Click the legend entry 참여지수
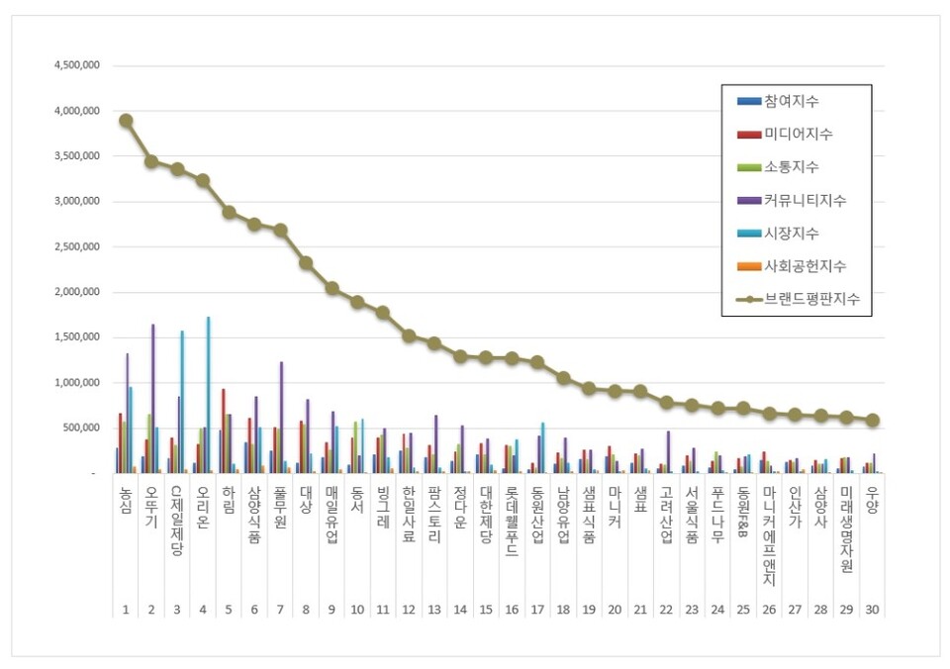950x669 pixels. pyautogui.click(x=792, y=102)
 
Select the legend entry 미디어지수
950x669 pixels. pyautogui.click(x=798, y=135)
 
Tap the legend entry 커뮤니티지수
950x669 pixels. pyautogui.click(x=805, y=200)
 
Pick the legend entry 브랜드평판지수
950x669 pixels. pyautogui.click(x=810, y=298)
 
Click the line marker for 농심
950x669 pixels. pyautogui.click(x=126, y=120)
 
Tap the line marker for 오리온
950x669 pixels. pyautogui.click(x=203, y=180)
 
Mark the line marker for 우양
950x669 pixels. pyautogui.click(x=872, y=420)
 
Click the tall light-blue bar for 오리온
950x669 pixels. pyautogui.click(x=208, y=395)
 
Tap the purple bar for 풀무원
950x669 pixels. pyautogui.click(x=281, y=417)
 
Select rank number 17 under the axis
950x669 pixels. pyautogui.click(x=537, y=610)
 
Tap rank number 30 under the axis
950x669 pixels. pyautogui.click(x=872, y=610)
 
